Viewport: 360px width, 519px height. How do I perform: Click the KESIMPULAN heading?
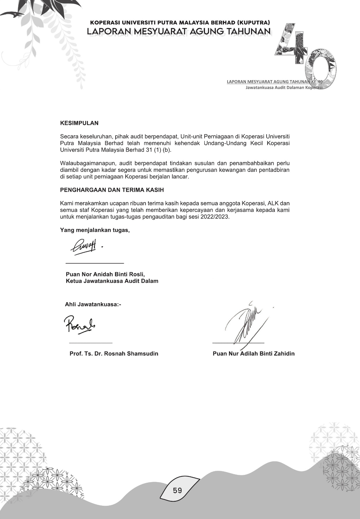79,123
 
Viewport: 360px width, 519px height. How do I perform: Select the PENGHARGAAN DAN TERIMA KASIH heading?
112,190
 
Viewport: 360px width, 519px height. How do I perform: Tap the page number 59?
178,490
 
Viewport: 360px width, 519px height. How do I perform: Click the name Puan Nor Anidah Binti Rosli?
105,274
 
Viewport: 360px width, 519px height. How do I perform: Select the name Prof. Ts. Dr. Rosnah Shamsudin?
114,353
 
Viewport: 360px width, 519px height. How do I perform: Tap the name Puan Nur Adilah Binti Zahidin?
254,353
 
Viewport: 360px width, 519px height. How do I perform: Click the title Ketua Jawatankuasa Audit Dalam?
112,281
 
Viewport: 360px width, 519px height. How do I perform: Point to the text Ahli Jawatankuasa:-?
93,304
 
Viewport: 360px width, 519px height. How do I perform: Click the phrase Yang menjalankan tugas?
95,230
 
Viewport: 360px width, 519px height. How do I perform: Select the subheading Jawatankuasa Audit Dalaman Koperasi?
284,88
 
